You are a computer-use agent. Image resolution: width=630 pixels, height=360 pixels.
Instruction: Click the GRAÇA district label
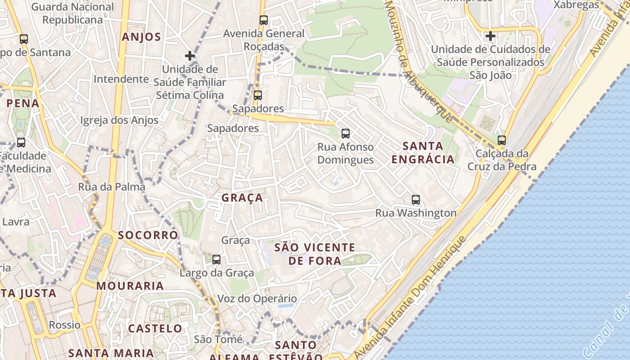coord(242,198)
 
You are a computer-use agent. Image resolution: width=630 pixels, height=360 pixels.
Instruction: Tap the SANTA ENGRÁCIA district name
coord(423,153)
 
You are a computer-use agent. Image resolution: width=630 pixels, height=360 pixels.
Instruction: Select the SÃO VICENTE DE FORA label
coord(315,254)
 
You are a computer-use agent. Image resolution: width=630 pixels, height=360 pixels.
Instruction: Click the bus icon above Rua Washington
coord(416,200)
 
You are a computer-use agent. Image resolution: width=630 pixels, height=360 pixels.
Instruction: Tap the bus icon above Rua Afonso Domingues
coord(345,134)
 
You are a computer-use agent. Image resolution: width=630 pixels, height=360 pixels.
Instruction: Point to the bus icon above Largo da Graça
coord(216,260)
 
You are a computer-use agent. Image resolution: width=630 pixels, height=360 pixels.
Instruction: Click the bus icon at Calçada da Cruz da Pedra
coord(502,140)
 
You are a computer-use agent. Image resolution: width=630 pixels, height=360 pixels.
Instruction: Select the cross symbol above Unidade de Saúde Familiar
coord(190,56)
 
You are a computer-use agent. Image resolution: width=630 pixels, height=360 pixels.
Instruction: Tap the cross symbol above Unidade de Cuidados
coord(490,36)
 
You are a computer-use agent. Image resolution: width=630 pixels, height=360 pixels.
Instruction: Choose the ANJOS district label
coord(141,37)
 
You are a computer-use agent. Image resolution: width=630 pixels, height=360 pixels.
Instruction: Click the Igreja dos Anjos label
coord(119,120)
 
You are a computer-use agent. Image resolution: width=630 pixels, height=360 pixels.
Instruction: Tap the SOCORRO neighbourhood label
coord(148,235)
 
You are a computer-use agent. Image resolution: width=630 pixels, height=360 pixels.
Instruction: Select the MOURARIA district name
coord(130,286)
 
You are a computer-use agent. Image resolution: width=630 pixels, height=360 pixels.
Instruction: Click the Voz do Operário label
coord(257,299)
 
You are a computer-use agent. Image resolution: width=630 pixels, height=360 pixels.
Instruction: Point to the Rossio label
coord(65,325)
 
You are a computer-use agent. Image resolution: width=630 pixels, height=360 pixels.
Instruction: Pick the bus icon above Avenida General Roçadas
coord(264,20)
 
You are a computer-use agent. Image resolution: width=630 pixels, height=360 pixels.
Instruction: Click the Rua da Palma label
coord(112,187)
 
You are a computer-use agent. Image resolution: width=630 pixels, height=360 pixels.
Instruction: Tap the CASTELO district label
coord(155,328)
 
